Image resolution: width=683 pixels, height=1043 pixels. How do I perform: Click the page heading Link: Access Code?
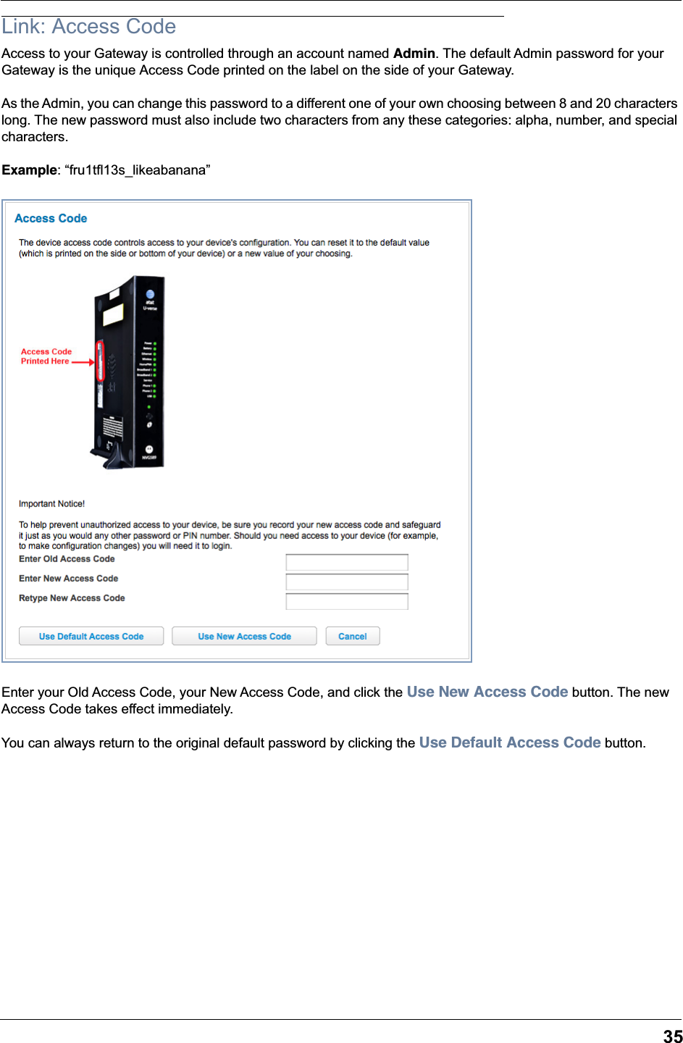(89, 27)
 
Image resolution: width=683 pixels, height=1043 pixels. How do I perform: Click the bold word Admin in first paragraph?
(414, 54)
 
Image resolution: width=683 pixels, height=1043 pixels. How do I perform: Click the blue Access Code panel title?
(51, 219)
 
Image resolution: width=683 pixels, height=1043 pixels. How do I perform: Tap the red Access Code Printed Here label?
(46, 356)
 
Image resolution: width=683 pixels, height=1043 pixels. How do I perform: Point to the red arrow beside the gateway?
(83, 361)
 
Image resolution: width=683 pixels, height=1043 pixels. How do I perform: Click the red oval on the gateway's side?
(101, 361)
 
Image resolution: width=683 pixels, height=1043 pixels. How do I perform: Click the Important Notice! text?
(51, 504)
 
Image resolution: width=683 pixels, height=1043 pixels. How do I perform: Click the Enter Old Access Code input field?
(347, 562)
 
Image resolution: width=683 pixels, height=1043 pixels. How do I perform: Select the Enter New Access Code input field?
(347, 582)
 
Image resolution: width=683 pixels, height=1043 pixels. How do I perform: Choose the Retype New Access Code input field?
(347, 601)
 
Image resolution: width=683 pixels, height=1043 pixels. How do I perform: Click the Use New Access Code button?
(244, 636)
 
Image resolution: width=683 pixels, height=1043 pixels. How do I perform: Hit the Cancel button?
(353, 636)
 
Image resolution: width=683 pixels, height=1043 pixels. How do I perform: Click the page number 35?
(672, 1036)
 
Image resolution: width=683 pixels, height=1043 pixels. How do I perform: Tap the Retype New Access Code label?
(72, 598)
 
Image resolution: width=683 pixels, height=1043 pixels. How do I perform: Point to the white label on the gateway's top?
(113, 315)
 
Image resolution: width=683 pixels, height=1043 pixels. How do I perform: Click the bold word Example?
(29, 170)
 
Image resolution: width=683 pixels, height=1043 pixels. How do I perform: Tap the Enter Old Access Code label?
(67, 559)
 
